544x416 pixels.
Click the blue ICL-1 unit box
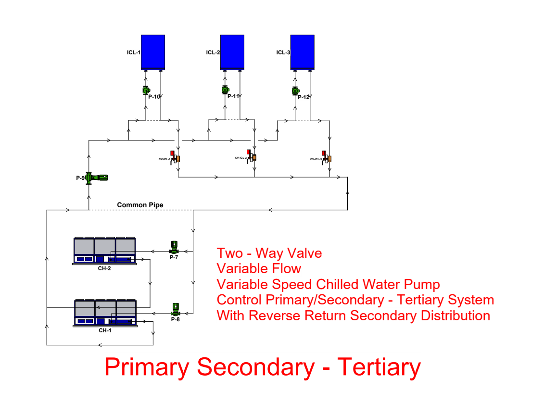click(153, 52)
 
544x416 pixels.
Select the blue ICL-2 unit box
click(232, 52)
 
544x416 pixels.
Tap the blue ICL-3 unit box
click(303, 52)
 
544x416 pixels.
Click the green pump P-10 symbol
click(146, 90)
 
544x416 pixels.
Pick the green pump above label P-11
click(225, 90)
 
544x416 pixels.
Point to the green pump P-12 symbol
click(295, 90)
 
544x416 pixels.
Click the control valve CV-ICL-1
click(175, 157)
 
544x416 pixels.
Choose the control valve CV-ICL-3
click(327, 157)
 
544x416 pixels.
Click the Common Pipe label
click(140, 205)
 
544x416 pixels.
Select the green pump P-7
click(174, 248)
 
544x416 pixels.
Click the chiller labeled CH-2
click(104, 251)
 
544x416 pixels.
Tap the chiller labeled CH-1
click(105, 313)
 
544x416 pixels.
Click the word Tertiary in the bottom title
click(380, 367)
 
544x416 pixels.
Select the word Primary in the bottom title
click(147, 367)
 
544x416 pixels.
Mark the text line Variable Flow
click(259, 268)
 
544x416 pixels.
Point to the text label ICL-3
click(283, 52)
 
